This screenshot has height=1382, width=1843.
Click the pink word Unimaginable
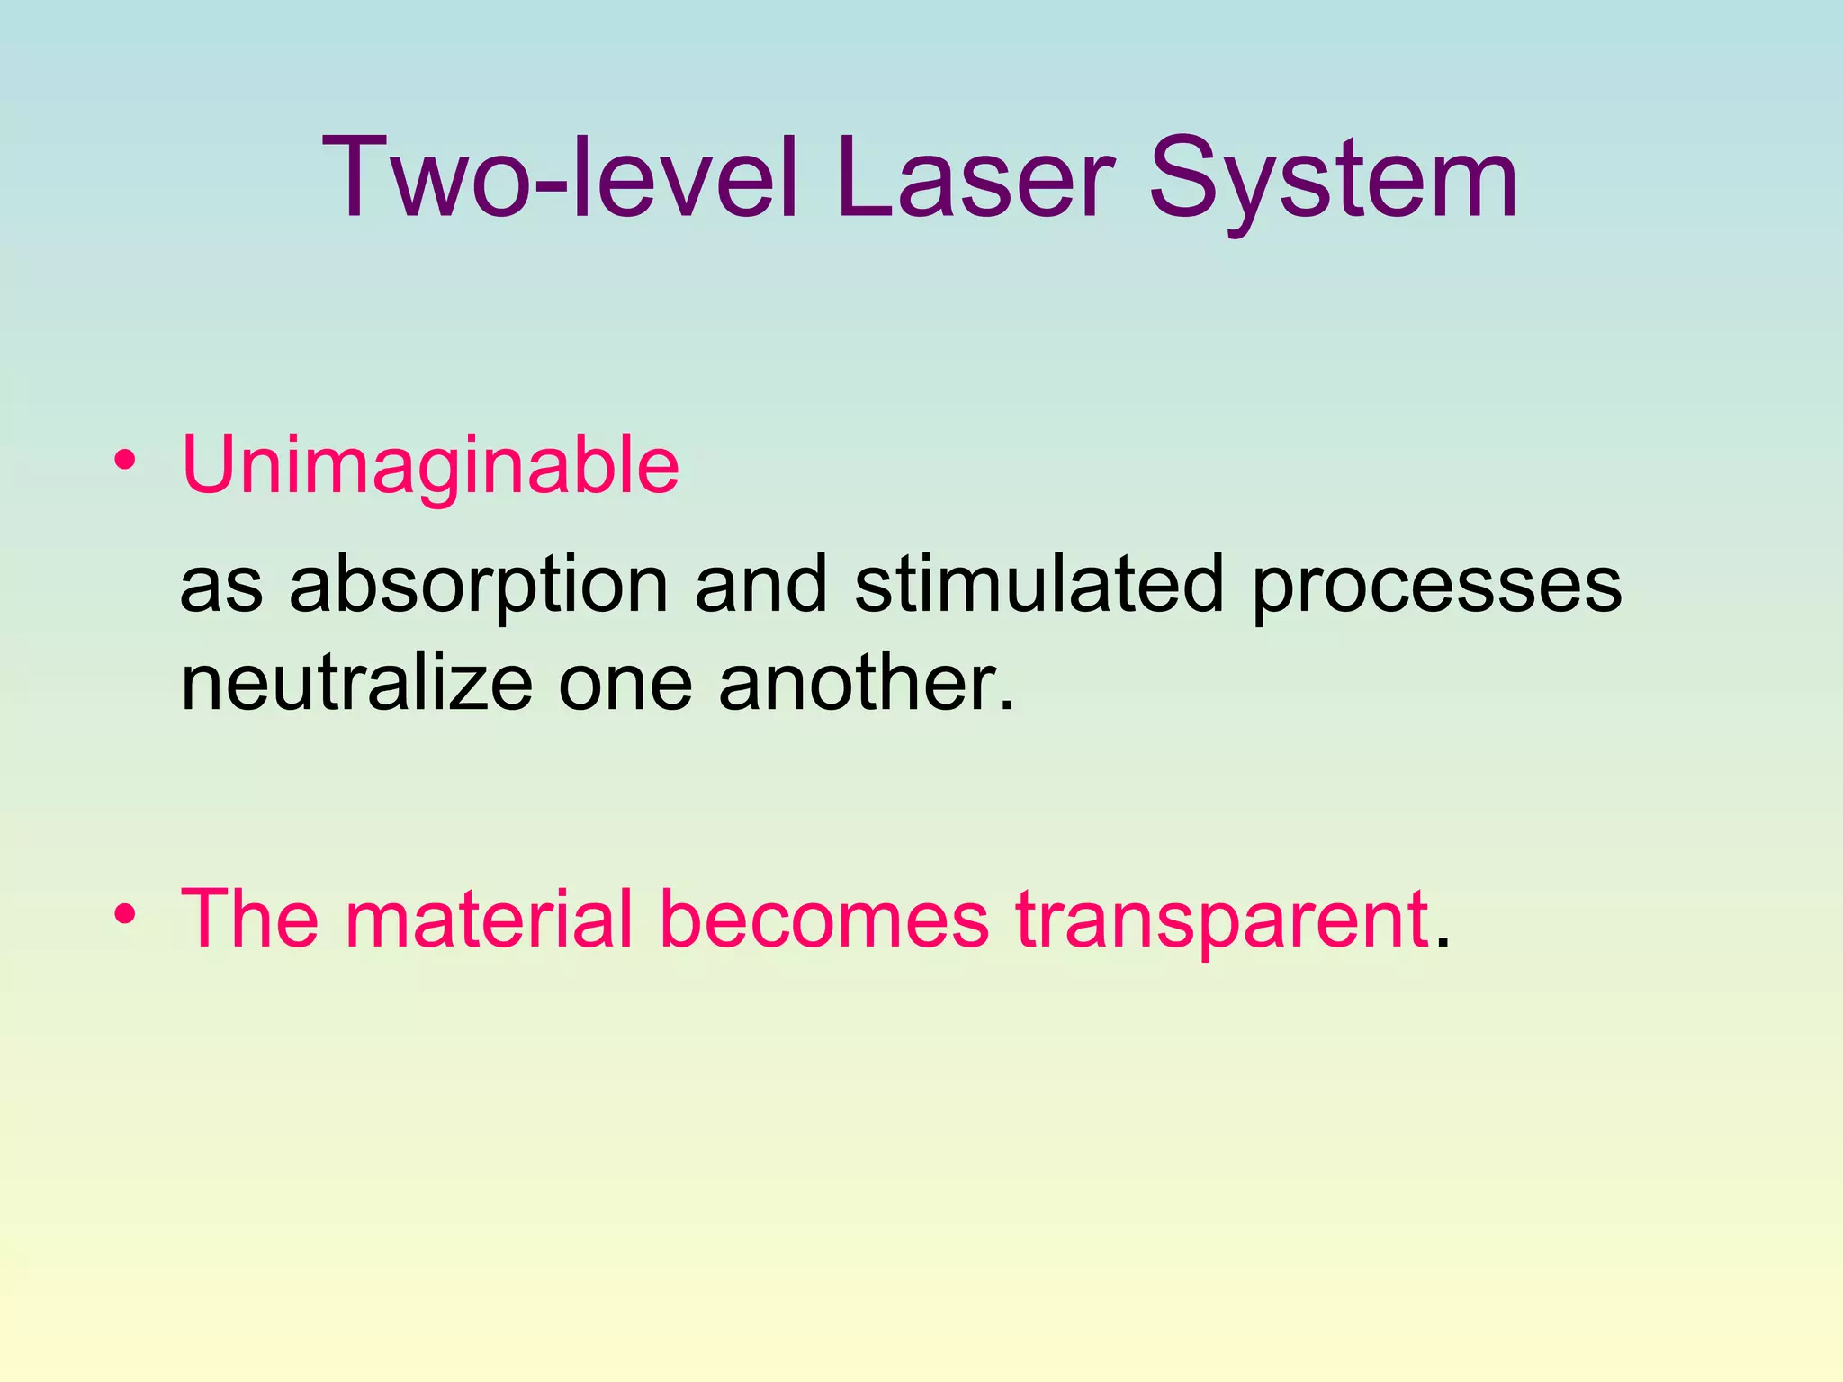pos(430,466)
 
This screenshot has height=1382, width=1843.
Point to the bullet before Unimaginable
pos(125,462)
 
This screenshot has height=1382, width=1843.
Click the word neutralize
pos(356,684)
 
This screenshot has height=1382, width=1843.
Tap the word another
pos(859,684)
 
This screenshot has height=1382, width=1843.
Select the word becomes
pos(823,920)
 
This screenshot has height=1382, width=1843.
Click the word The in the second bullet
pos(249,920)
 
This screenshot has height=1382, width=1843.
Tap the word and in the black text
pos(760,585)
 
